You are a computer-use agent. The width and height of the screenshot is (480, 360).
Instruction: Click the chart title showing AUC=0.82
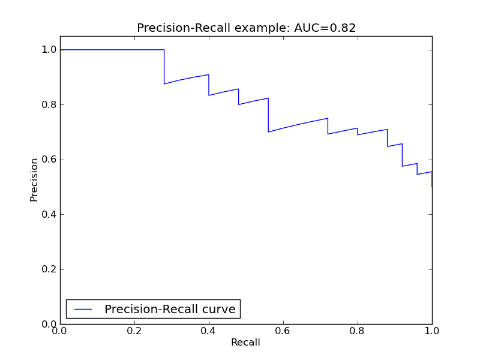click(246, 28)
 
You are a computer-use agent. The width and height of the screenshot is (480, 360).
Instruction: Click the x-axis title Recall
click(245, 343)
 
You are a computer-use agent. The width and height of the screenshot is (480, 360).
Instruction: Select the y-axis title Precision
click(34, 179)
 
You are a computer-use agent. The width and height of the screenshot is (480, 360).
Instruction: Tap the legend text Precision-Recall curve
click(170, 309)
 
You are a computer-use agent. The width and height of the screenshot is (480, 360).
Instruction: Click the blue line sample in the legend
click(83, 309)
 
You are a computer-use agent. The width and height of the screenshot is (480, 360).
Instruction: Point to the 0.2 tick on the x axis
click(134, 331)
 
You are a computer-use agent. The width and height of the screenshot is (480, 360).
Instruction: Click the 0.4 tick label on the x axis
click(209, 331)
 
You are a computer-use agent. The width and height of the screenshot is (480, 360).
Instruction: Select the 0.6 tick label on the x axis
click(283, 331)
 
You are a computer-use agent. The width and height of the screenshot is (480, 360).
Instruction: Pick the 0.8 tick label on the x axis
click(358, 331)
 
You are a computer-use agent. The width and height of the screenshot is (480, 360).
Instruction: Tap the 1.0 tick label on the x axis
click(432, 331)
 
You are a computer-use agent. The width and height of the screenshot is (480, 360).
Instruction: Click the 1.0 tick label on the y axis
click(48, 50)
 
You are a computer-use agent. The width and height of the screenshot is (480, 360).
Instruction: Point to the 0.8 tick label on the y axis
click(48, 104)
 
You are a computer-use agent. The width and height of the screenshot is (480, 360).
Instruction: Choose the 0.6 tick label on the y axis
click(48, 160)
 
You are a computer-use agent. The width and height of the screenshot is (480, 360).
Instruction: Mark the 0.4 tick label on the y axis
click(48, 214)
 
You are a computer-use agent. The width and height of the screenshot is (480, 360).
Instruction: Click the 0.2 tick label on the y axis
click(48, 269)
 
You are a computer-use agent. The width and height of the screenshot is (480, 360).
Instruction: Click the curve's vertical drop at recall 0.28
click(164, 67)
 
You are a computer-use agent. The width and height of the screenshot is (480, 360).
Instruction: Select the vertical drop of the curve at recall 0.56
click(268, 115)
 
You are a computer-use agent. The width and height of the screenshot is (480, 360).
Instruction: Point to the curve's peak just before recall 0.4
click(208, 75)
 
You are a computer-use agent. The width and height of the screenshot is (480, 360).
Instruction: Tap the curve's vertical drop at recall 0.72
click(328, 126)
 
